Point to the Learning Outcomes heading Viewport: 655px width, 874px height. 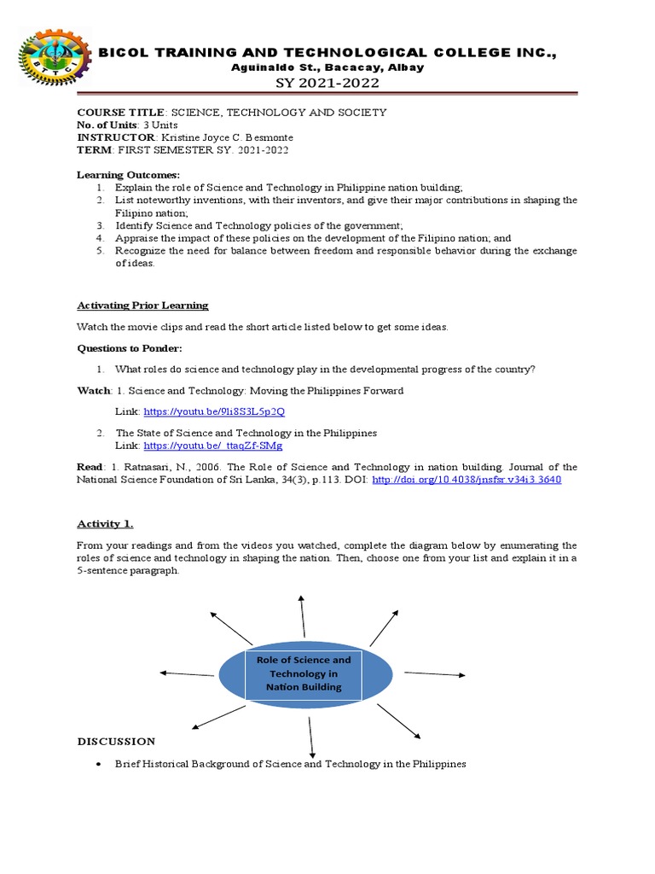(129, 175)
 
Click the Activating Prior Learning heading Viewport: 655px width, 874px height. (142, 305)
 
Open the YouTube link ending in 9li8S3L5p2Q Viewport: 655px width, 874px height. (214, 411)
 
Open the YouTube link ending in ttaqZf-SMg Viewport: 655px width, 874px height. (212, 446)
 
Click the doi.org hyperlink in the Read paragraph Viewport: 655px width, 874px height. (467, 480)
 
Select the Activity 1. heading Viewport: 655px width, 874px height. (105, 523)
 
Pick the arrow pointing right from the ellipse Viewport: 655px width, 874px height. (435, 674)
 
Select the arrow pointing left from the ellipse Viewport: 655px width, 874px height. (188, 674)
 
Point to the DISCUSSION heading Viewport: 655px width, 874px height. (116, 742)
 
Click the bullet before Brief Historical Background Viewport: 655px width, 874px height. (101, 765)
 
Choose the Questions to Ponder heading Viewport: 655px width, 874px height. (130, 348)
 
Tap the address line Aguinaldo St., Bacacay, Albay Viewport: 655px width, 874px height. (327, 67)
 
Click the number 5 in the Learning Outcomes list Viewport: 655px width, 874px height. (99, 251)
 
